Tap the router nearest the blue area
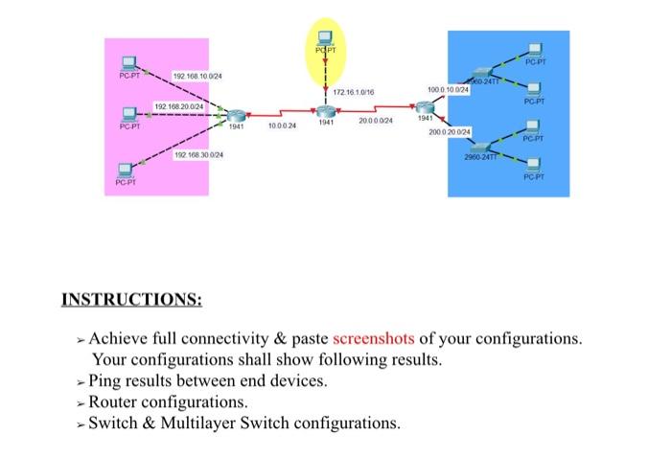tap(425, 107)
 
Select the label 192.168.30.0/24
tap(198, 153)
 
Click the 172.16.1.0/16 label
tap(354, 92)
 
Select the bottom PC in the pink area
tap(126, 170)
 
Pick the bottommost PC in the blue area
tap(534, 165)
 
